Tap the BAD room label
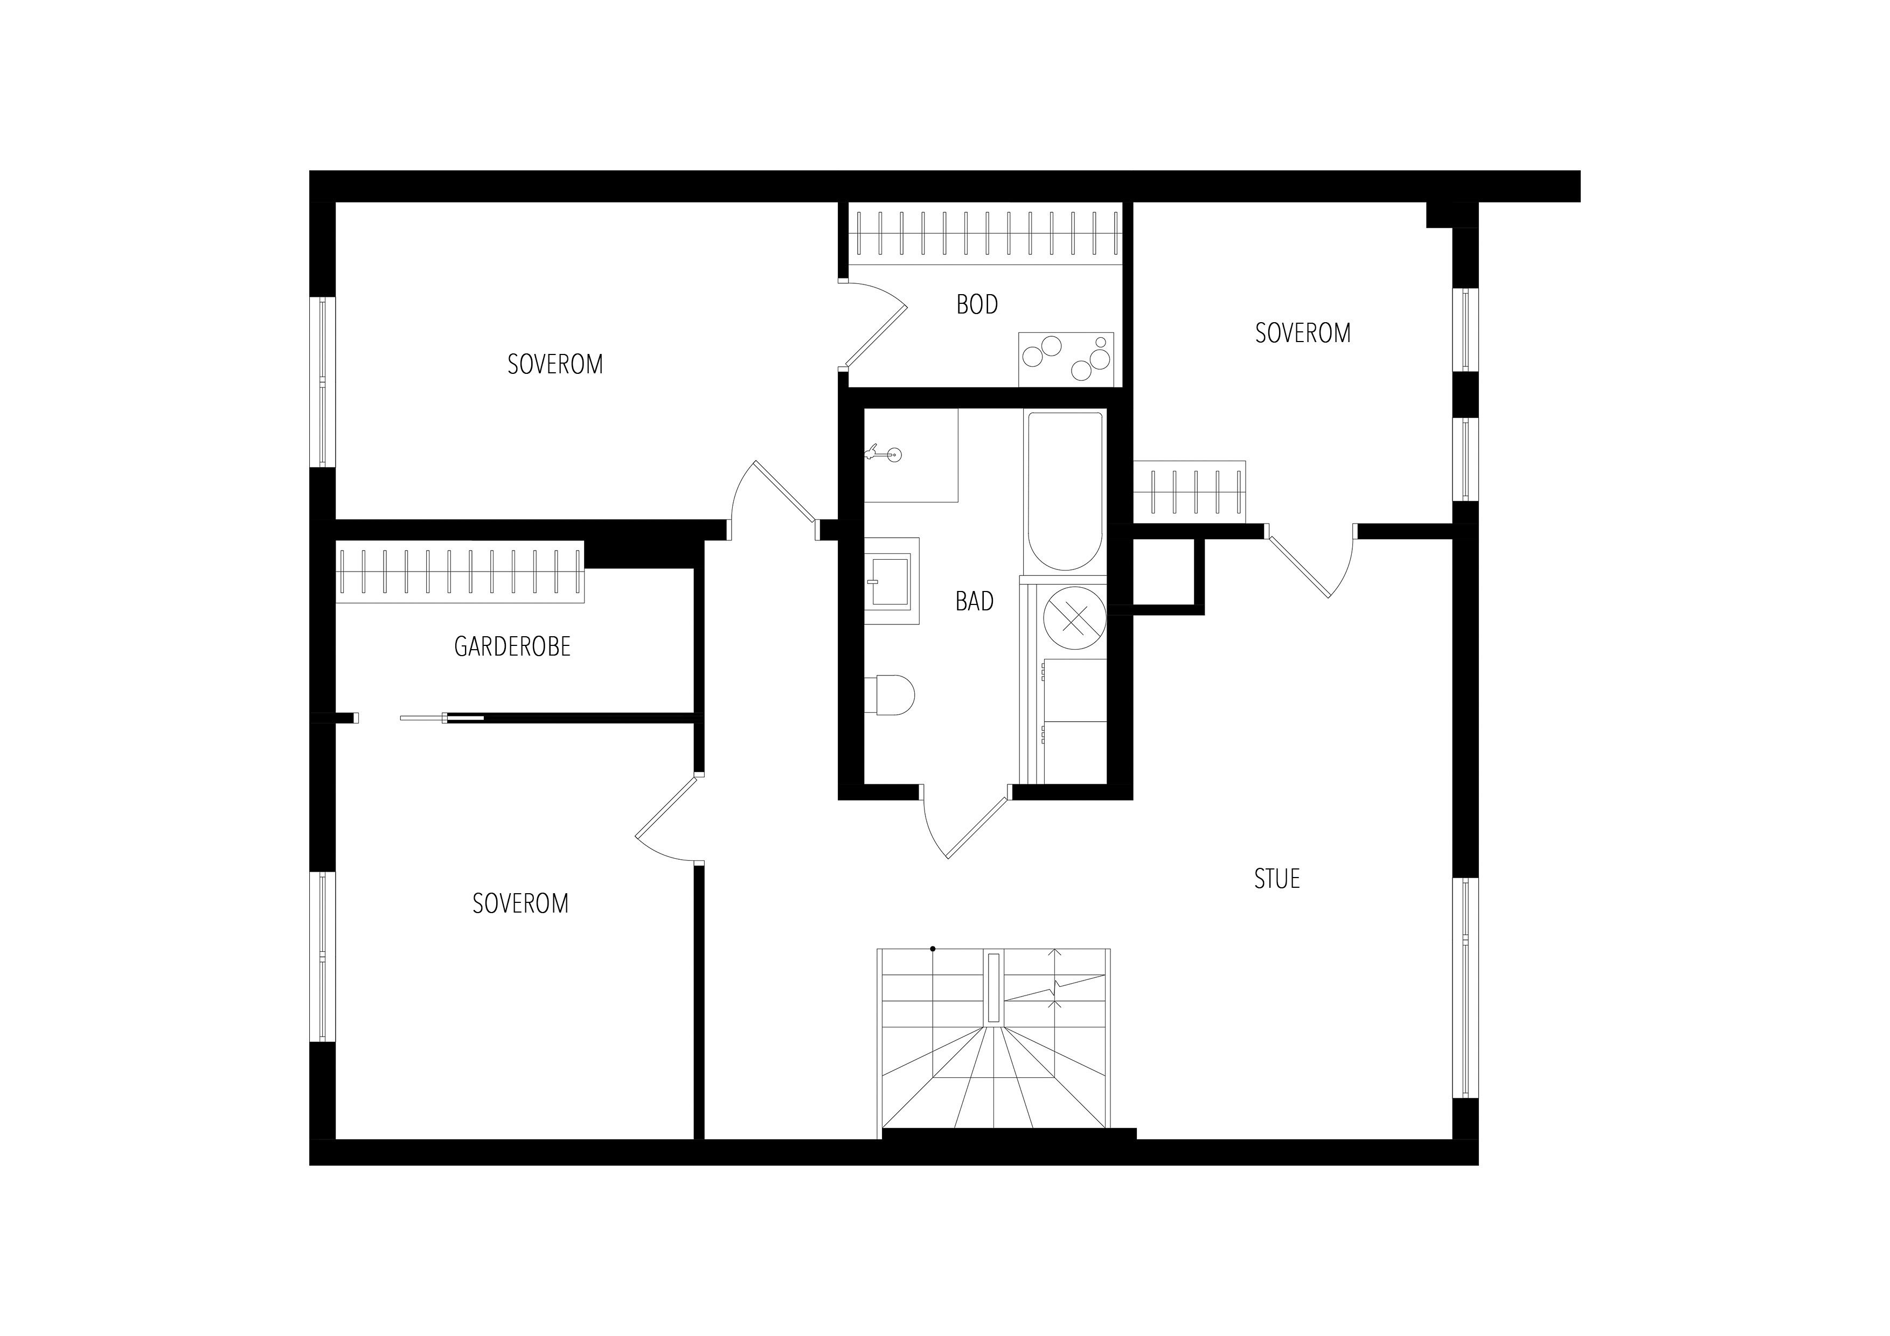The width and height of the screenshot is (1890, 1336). click(975, 602)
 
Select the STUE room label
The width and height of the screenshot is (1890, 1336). click(1277, 879)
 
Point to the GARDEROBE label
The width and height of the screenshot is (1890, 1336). click(512, 647)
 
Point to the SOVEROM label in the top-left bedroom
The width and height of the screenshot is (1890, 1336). click(555, 365)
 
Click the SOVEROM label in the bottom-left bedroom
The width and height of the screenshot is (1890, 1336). click(520, 904)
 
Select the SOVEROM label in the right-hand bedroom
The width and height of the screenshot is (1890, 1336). click(1302, 333)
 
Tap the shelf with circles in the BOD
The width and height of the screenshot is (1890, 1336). click(1066, 360)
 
